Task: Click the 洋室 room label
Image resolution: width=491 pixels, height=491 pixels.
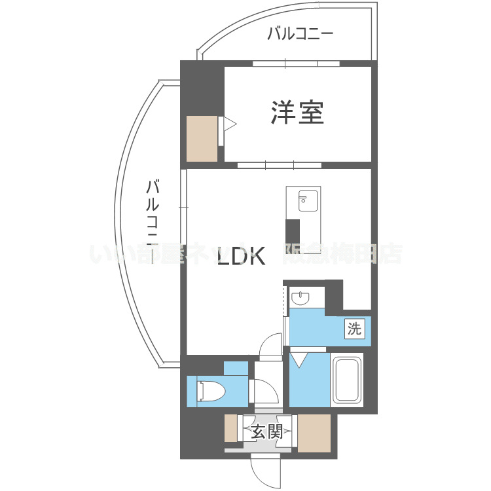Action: coord(297,113)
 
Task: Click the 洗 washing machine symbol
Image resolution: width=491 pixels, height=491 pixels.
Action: coord(354,329)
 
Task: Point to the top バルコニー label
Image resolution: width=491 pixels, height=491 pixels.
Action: coord(300,33)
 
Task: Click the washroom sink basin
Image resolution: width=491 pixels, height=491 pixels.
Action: coord(300,299)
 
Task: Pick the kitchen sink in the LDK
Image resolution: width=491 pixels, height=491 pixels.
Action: coord(306,200)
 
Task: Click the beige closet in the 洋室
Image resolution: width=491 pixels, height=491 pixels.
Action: coord(201,138)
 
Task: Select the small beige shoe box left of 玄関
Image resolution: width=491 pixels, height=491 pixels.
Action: coord(230,428)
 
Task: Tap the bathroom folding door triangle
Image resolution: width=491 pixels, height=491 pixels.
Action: coord(300,359)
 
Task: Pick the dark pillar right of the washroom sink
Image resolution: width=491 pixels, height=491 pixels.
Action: coord(334,293)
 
